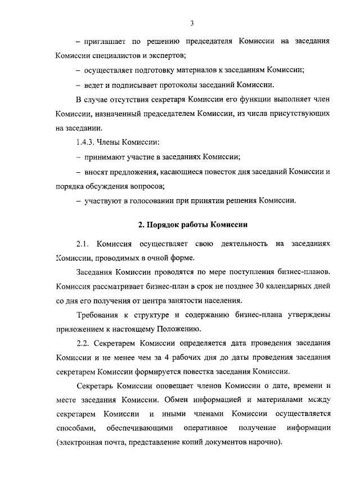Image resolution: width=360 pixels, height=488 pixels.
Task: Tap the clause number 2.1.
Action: (x=83, y=244)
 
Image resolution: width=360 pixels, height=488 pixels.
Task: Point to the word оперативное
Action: (x=205, y=429)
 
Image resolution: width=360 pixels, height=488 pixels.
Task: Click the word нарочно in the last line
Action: (x=264, y=444)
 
